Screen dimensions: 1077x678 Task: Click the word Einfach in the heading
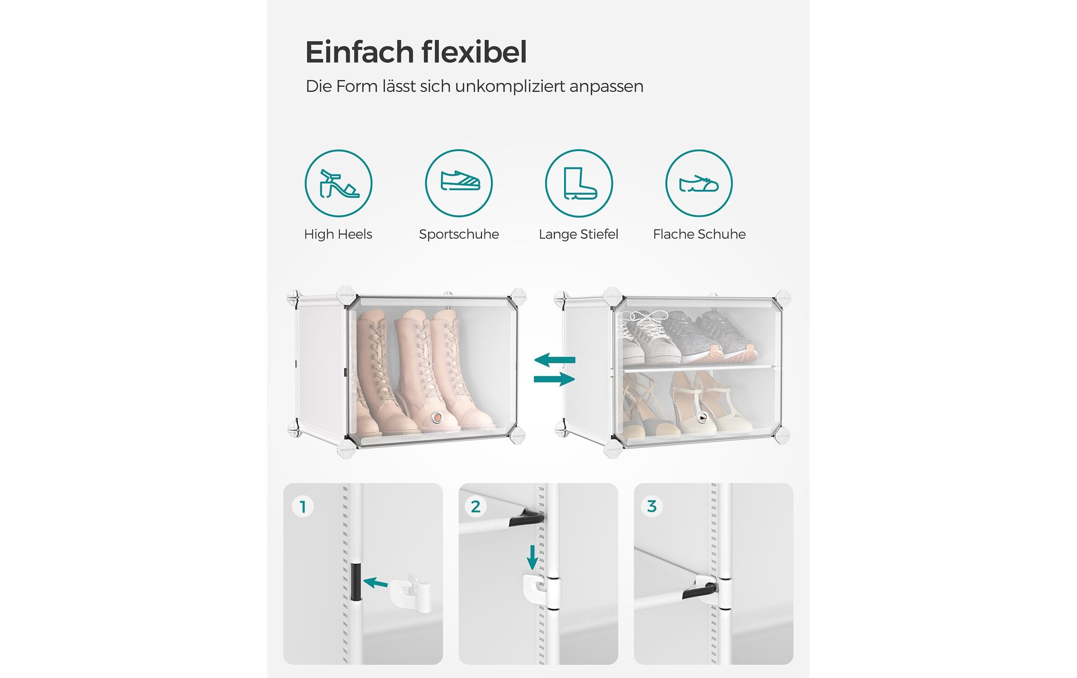point(360,52)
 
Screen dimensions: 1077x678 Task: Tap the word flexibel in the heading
point(475,52)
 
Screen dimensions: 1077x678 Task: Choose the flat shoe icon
point(699,184)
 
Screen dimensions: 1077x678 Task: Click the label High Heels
point(338,234)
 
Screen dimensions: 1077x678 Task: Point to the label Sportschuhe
point(459,234)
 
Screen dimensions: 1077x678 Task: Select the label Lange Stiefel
point(578,234)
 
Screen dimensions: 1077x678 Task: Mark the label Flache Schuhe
point(699,234)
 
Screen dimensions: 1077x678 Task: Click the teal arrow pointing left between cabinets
point(555,360)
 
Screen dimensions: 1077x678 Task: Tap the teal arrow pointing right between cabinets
point(555,379)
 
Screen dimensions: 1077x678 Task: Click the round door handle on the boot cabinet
point(437,417)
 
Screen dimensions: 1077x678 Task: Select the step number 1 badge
point(303,506)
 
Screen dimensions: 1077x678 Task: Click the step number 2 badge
point(475,506)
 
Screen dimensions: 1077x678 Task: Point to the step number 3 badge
point(651,506)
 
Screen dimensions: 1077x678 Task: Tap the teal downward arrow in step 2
point(532,557)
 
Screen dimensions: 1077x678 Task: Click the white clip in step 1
point(410,593)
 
